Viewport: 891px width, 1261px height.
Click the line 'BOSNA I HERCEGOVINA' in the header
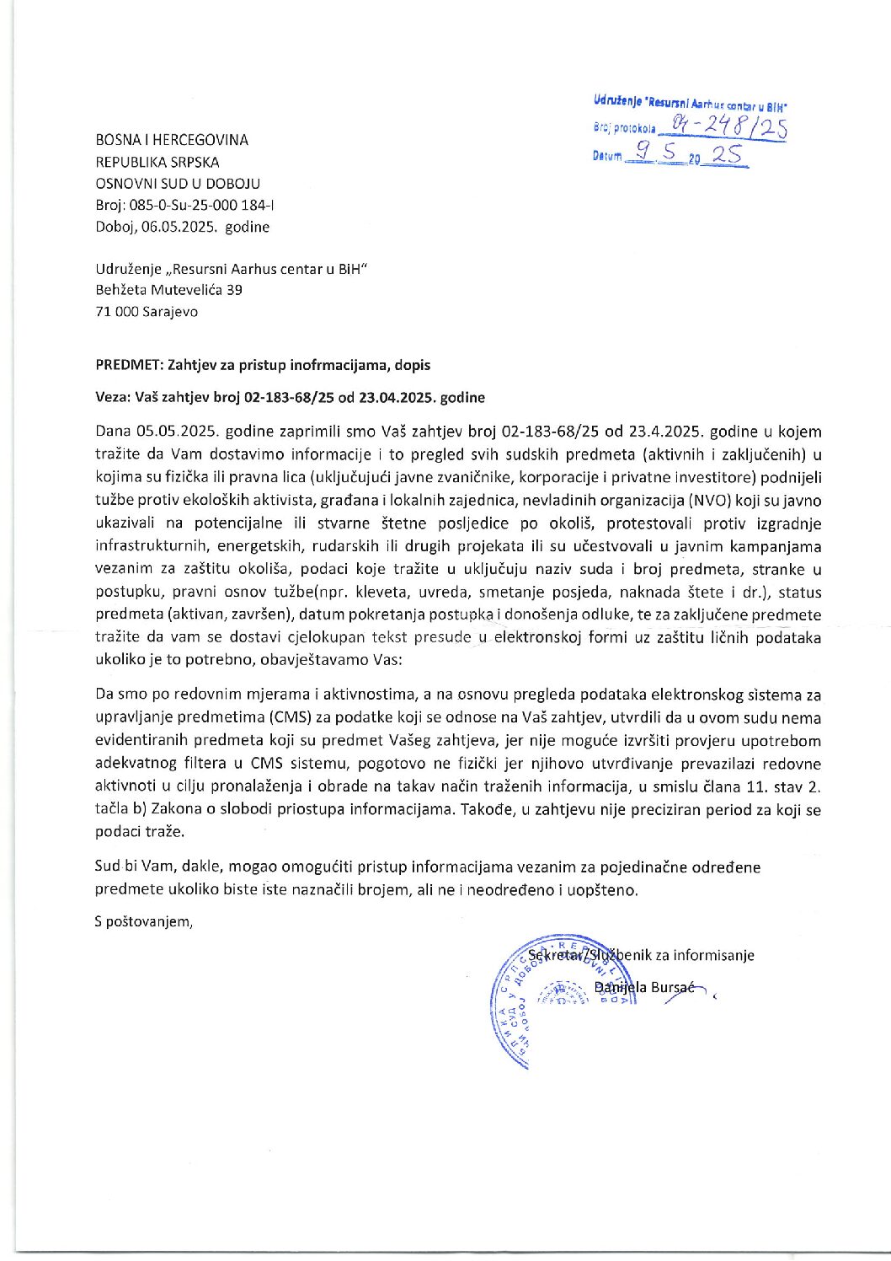(172, 140)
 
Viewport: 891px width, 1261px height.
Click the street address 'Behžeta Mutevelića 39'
(169, 290)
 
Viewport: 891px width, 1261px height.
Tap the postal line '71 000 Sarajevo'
(147, 312)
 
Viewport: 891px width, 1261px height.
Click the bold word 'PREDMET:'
(130, 365)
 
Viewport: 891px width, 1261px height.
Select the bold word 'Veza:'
(114, 397)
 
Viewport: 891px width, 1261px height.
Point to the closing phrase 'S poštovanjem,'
(144, 921)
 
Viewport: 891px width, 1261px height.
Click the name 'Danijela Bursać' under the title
(644, 987)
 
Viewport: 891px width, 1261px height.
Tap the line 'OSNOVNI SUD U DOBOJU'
(178, 184)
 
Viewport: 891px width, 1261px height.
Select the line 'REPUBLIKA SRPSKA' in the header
(157, 162)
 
